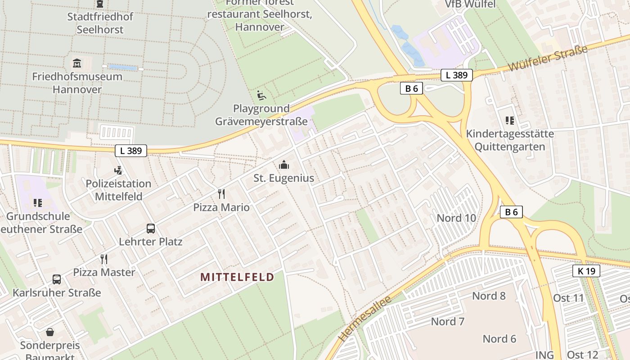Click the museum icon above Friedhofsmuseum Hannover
77,63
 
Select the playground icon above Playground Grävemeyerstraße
261,95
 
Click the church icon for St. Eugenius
284,165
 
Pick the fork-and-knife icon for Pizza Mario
221,194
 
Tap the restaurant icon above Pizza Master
104,259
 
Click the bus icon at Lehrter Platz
151,229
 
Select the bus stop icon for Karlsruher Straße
57,279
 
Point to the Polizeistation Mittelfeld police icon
118,171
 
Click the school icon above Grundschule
38,203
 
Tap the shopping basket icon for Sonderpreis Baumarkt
50,333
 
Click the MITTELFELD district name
237,277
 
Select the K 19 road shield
586,271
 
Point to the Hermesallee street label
364,319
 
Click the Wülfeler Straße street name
548,58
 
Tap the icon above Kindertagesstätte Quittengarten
510,121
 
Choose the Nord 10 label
456,218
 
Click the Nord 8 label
489,296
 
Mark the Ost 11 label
568,298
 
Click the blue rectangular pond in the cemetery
123,67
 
